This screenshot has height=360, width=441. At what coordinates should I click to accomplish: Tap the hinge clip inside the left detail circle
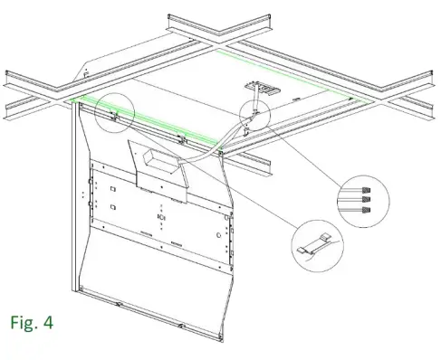(x=112, y=114)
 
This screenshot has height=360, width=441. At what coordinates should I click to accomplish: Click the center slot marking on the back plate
(x=161, y=217)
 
